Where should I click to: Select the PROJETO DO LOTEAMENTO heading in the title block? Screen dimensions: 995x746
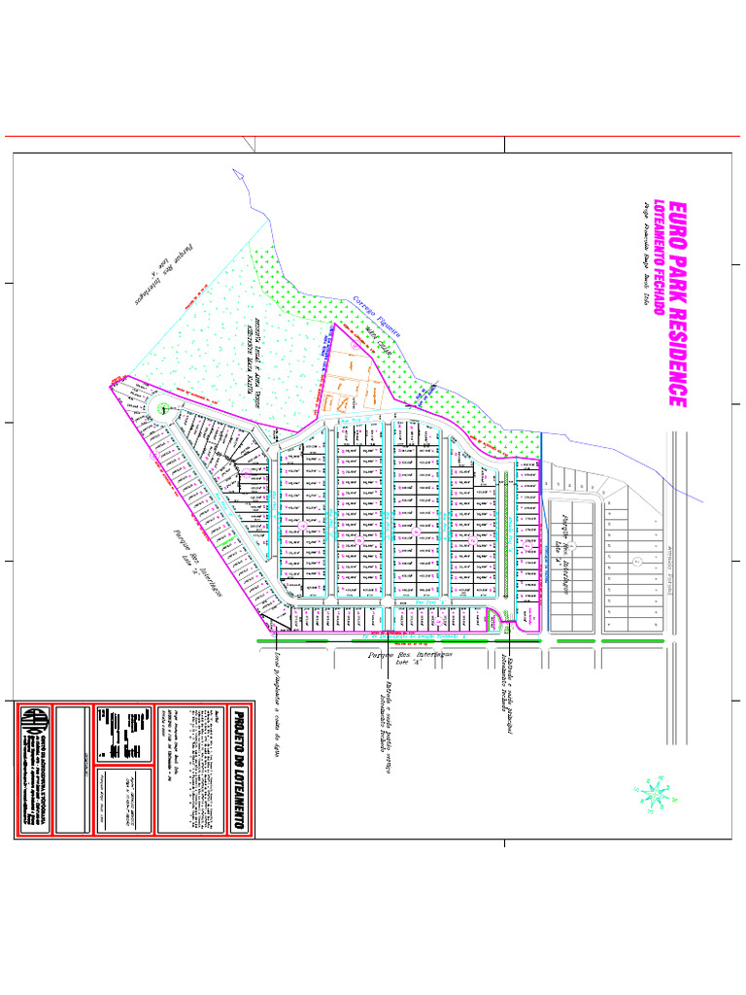click(x=238, y=769)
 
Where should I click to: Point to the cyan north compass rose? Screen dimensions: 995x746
click(x=654, y=792)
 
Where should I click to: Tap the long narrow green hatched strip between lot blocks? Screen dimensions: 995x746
click(x=506, y=533)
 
